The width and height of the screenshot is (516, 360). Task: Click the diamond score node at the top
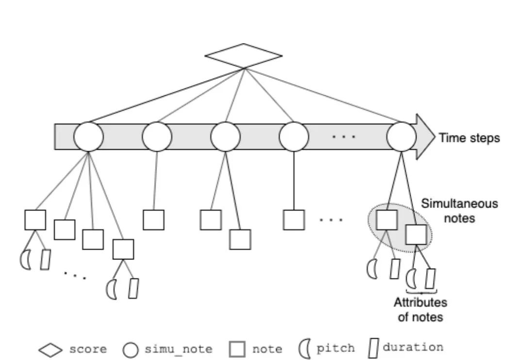pos(243,55)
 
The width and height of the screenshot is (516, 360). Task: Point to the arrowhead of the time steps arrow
pos(425,137)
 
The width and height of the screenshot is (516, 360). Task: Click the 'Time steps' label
pos(469,138)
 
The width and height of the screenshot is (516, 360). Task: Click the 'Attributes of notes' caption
pos(420,310)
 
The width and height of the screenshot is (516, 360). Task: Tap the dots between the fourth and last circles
pos(344,137)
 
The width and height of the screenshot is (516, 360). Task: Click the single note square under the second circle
pos(153,220)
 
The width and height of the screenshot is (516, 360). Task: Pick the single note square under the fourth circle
pos(294,220)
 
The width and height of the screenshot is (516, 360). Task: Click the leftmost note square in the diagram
pos(35,220)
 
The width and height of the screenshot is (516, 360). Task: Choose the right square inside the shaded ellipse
pos(416,234)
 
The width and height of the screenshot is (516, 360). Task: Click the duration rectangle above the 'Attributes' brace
pos(430,278)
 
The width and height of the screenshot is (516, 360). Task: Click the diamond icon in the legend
pos(50,349)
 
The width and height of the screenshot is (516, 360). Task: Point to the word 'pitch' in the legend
pos(335,348)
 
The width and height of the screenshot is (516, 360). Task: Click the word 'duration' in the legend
pos(413,347)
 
